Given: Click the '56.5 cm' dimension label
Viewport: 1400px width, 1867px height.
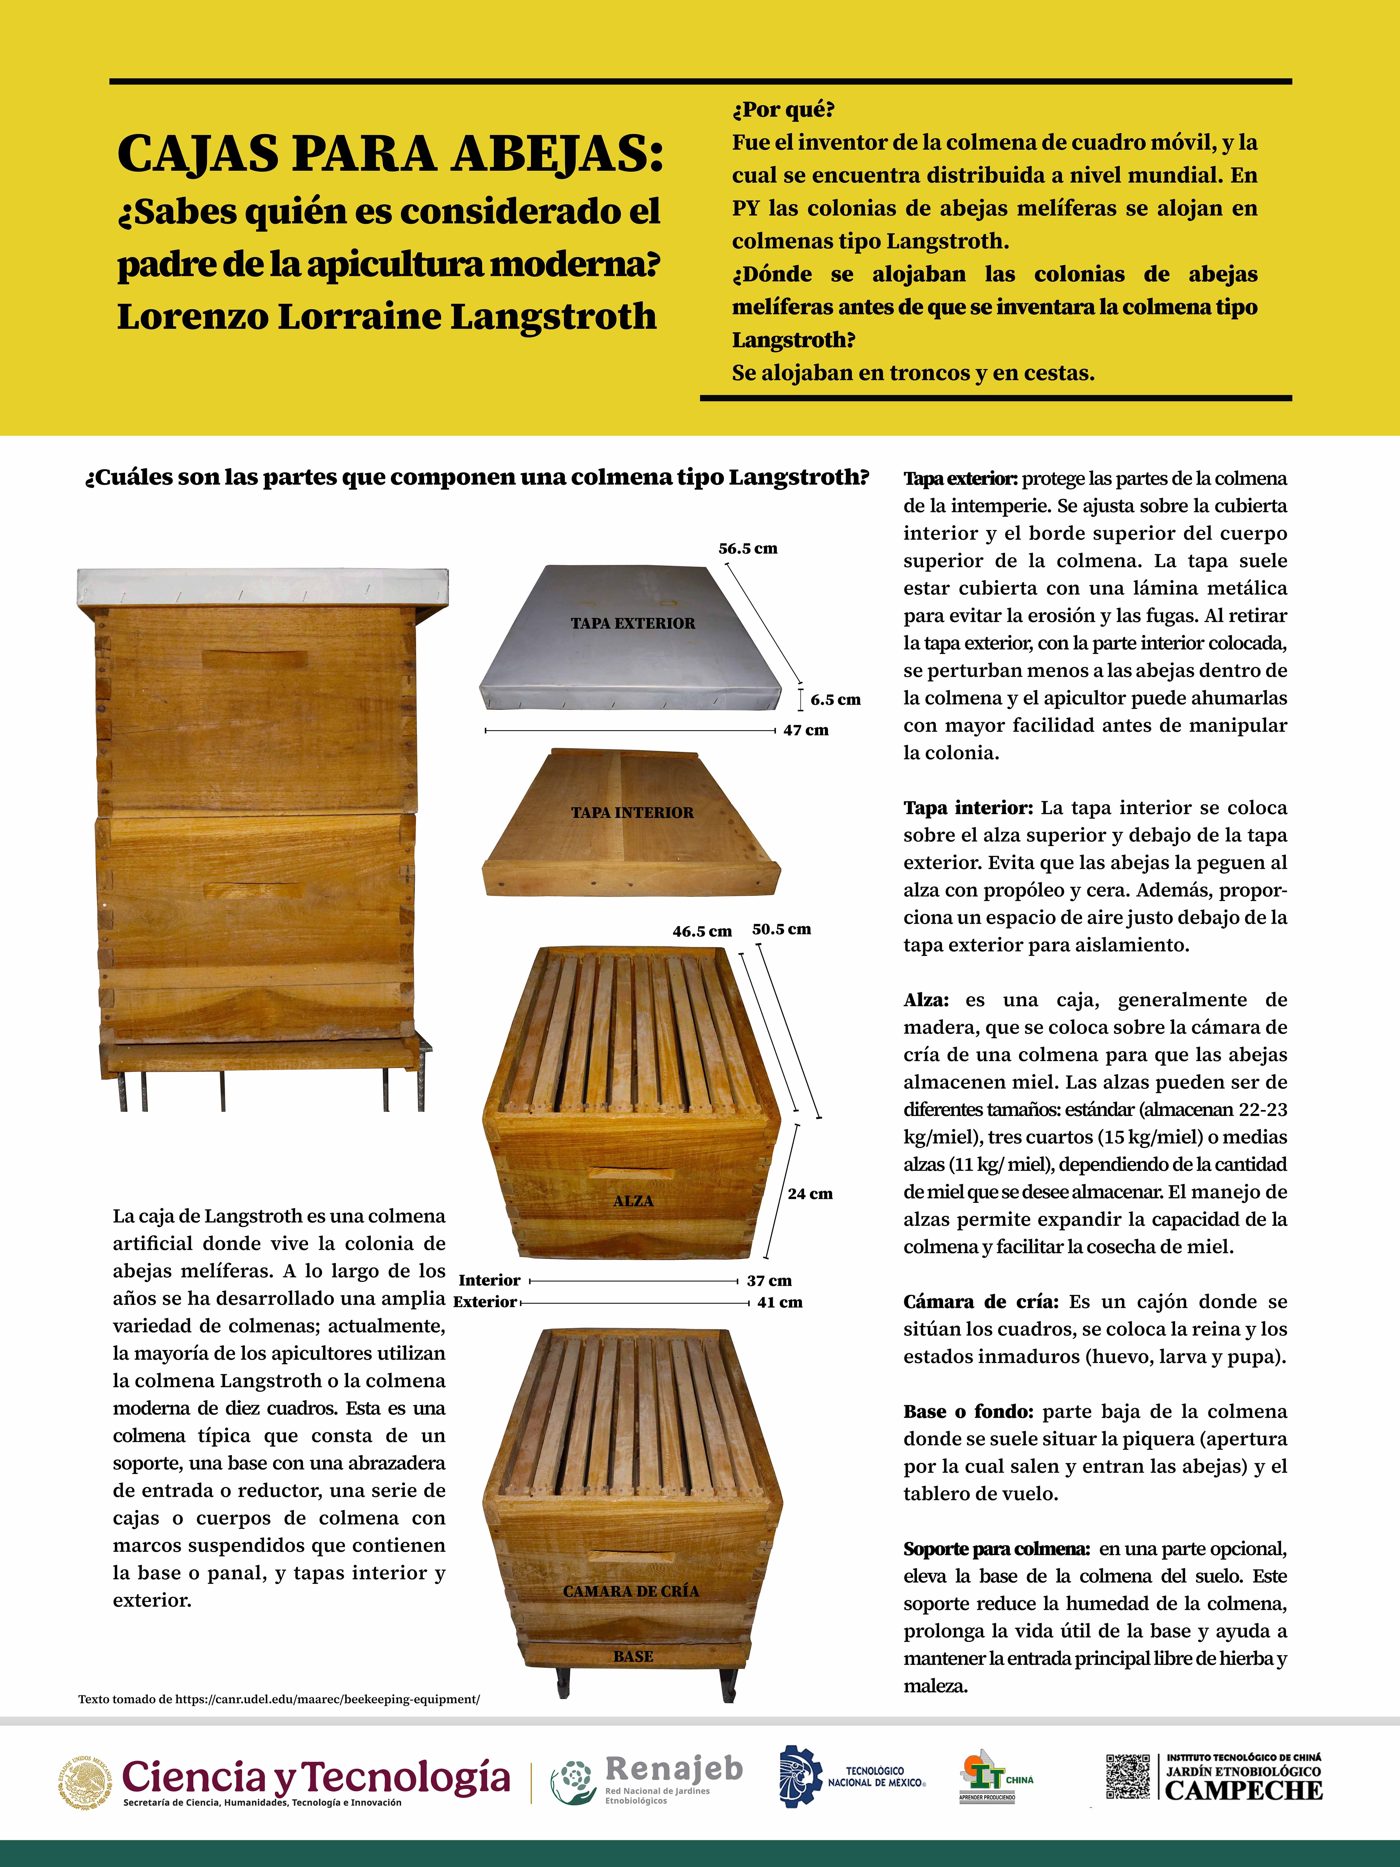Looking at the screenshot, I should coord(748,549).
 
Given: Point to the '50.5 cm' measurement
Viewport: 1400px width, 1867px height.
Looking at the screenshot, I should coord(781,929).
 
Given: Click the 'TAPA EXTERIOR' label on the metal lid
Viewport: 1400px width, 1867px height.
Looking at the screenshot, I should coord(633,624).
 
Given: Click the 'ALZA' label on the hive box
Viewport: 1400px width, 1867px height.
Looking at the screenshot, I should coord(633,1201).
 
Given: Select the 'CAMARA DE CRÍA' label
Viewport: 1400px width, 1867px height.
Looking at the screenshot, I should coord(631,1591).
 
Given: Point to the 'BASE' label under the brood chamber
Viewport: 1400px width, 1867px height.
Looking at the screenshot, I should coord(633,1657).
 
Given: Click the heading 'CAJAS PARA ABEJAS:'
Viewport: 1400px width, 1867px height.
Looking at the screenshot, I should coord(390,154).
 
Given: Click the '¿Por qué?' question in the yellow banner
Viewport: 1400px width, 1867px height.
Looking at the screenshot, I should coord(783,110).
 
